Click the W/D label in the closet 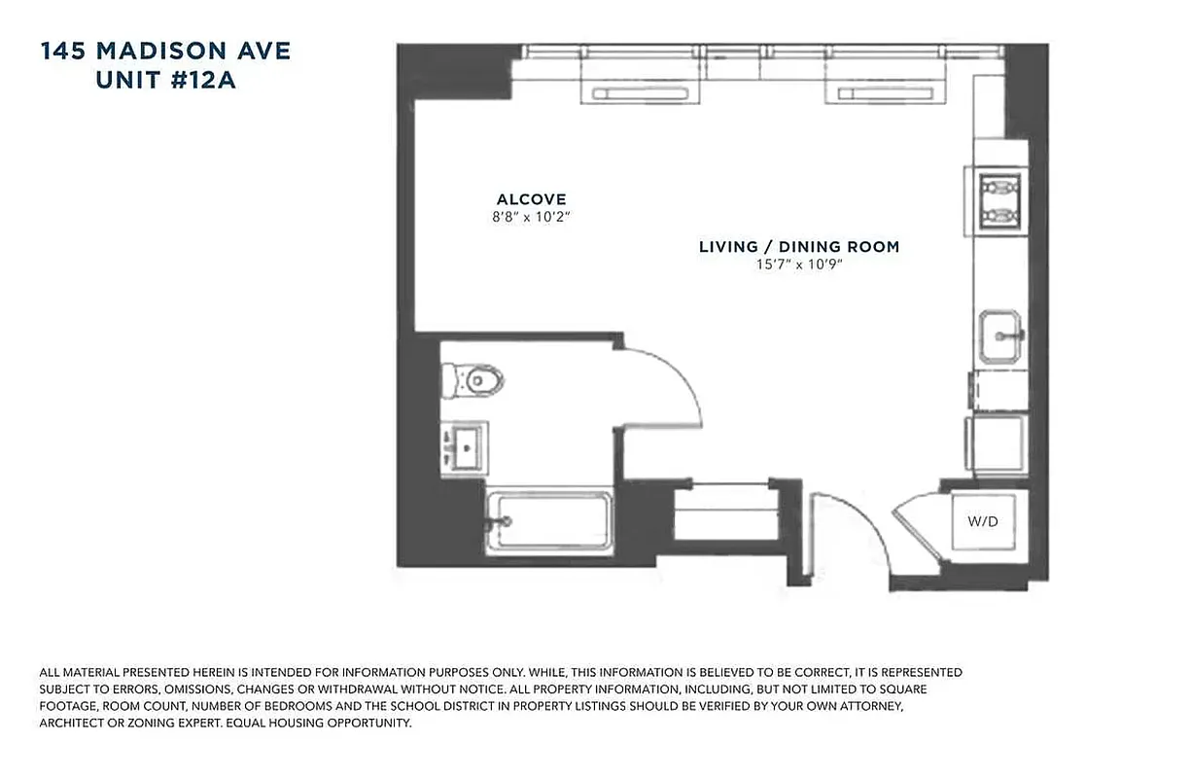coord(983,522)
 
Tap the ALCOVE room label coord(531,199)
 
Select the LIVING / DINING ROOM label coord(799,247)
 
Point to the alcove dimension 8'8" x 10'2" coord(531,218)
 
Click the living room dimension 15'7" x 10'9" coord(799,265)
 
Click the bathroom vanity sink coord(465,448)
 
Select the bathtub coord(549,522)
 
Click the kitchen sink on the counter coord(1000,336)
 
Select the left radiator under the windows coord(641,92)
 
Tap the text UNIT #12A coord(165,82)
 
